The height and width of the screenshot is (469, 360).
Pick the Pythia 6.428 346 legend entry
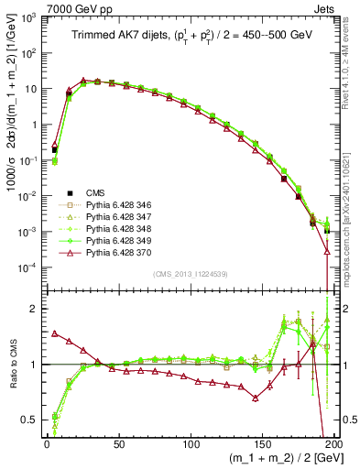click(115, 205)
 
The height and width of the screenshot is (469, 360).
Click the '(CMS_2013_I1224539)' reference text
click(191, 273)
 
